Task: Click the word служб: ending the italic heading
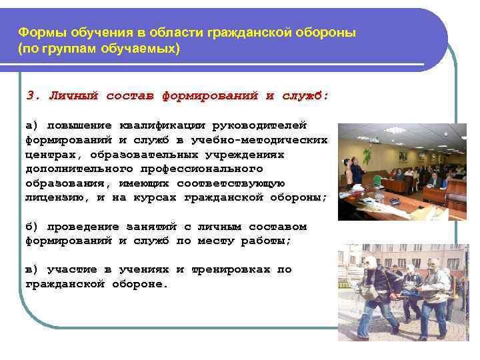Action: (x=306, y=95)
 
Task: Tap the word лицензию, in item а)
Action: (x=54, y=197)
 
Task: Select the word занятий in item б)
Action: (x=154, y=227)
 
